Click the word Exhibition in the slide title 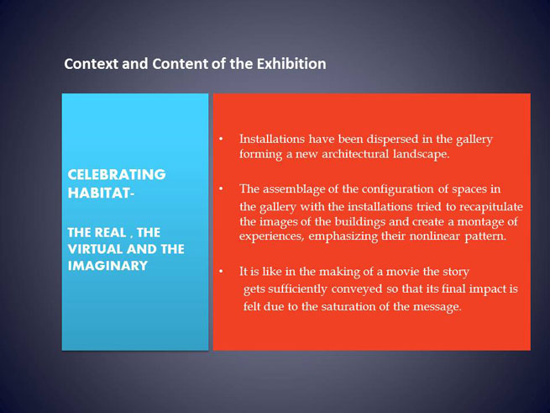pos(291,64)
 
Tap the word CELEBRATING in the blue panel pos(117,174)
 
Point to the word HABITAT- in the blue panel pos(101,193)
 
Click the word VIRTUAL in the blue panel pos(95,249)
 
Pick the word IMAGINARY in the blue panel pos(107,265)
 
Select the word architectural pos(355,154)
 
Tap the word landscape pos(421,155)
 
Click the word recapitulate pos(491,207)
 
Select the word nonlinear pos(435,236)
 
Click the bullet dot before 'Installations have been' pos(221,139)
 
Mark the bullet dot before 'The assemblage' pos(221,189)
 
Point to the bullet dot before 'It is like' pos(221,272)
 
